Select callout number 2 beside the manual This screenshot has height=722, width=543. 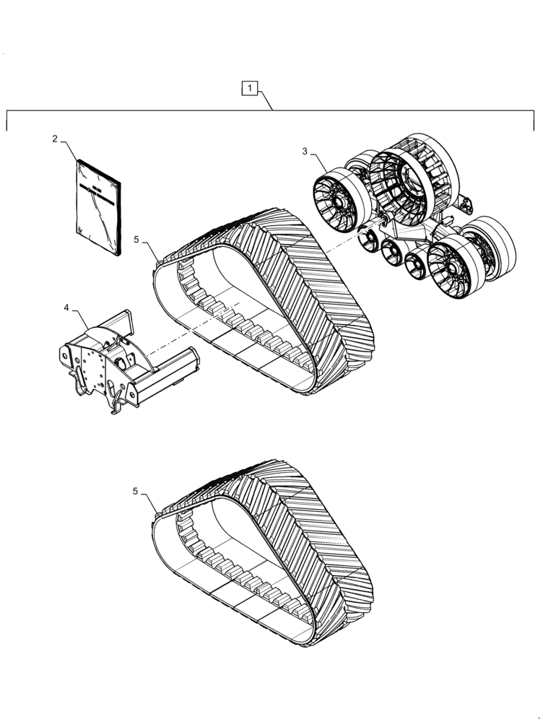pos(55,139)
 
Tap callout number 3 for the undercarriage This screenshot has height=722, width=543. pos(305,152)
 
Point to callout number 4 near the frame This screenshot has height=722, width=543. pos(66,308)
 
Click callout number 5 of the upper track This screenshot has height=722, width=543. pos(137,239)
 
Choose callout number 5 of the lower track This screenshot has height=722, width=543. pos(136,491)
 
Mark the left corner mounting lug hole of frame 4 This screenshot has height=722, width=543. pos(66,357)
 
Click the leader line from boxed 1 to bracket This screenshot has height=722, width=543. pos(264,100)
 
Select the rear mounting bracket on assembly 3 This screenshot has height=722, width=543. pos(466,206)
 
